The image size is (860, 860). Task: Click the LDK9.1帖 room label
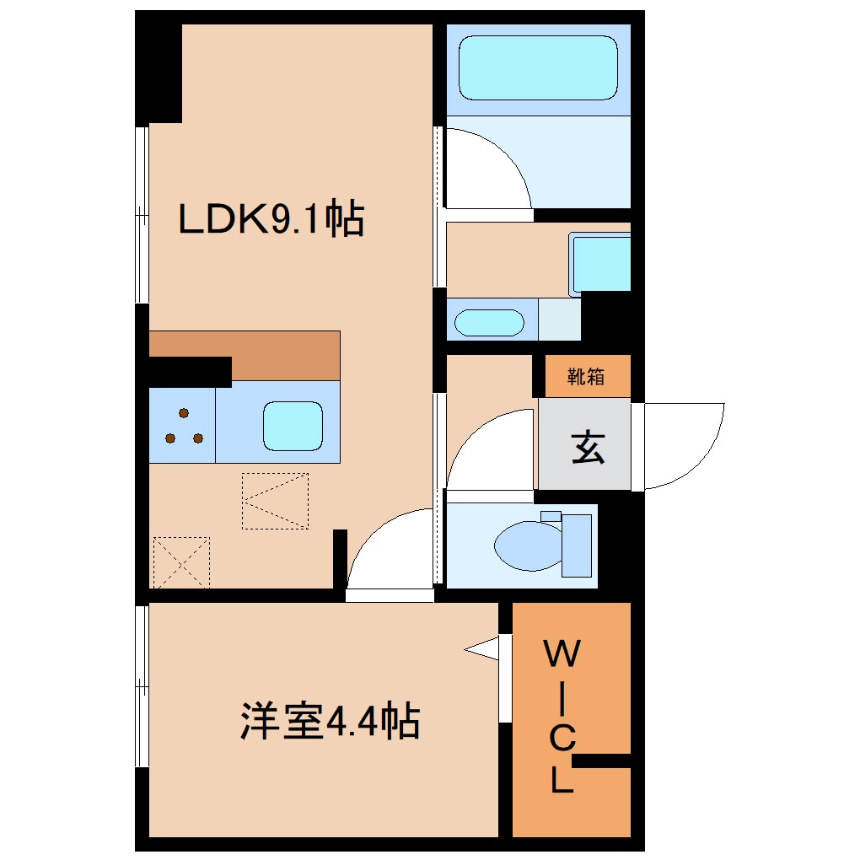pos(270,219)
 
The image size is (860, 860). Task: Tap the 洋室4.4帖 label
pos(330,721)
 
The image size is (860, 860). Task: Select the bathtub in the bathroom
pos(538,68)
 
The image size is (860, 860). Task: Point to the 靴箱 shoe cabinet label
pos(586,377)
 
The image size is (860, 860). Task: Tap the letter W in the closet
pos(563,653)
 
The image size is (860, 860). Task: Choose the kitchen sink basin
pos(293,426)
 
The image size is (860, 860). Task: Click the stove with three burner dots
pos(183,426)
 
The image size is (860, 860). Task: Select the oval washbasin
pos(489,323)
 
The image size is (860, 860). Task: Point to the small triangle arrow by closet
pos(481,648)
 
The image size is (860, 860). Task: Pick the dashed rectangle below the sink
pos(275,501)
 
